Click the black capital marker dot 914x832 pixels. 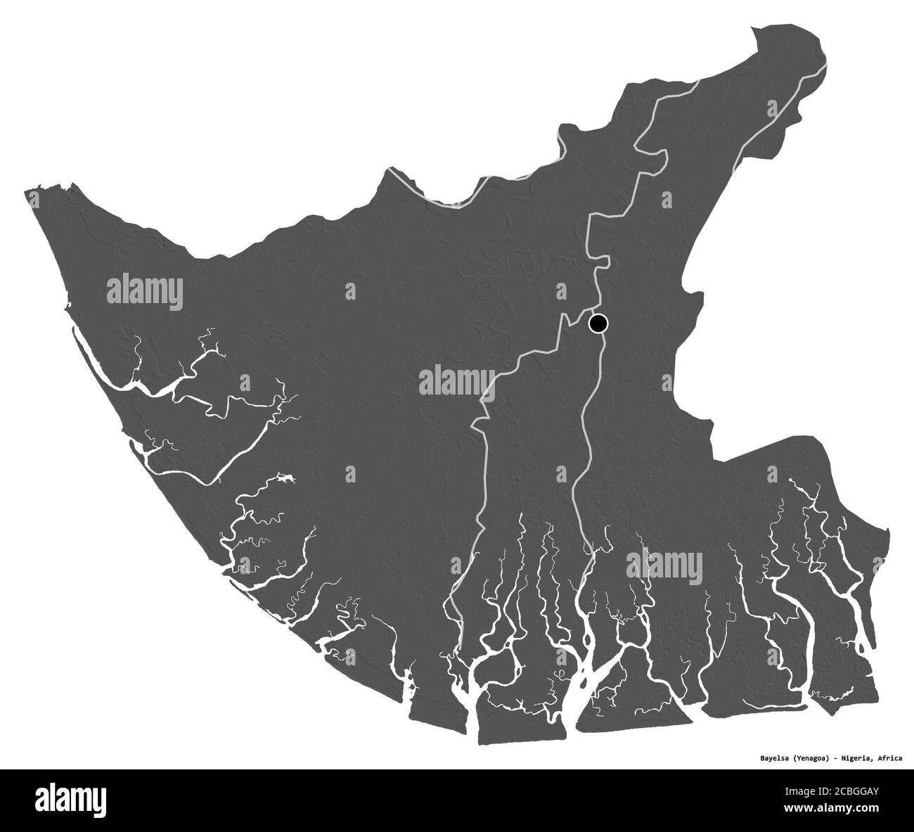(x=598, y=323)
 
